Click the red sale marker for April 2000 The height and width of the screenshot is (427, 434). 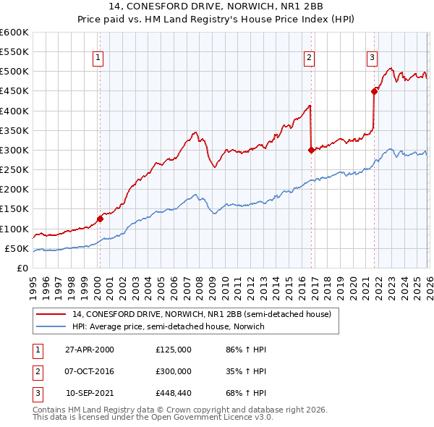100,219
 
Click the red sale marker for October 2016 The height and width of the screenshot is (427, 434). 310,151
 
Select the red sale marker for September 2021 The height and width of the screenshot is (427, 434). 374,91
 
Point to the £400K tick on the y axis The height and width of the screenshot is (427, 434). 14,111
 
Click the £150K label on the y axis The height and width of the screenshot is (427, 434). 14,209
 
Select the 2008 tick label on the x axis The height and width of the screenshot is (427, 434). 199,286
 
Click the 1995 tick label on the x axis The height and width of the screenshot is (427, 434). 33,286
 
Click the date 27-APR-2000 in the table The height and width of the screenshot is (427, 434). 88,350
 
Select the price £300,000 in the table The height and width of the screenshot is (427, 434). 173,371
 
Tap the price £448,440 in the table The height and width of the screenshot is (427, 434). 173,394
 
